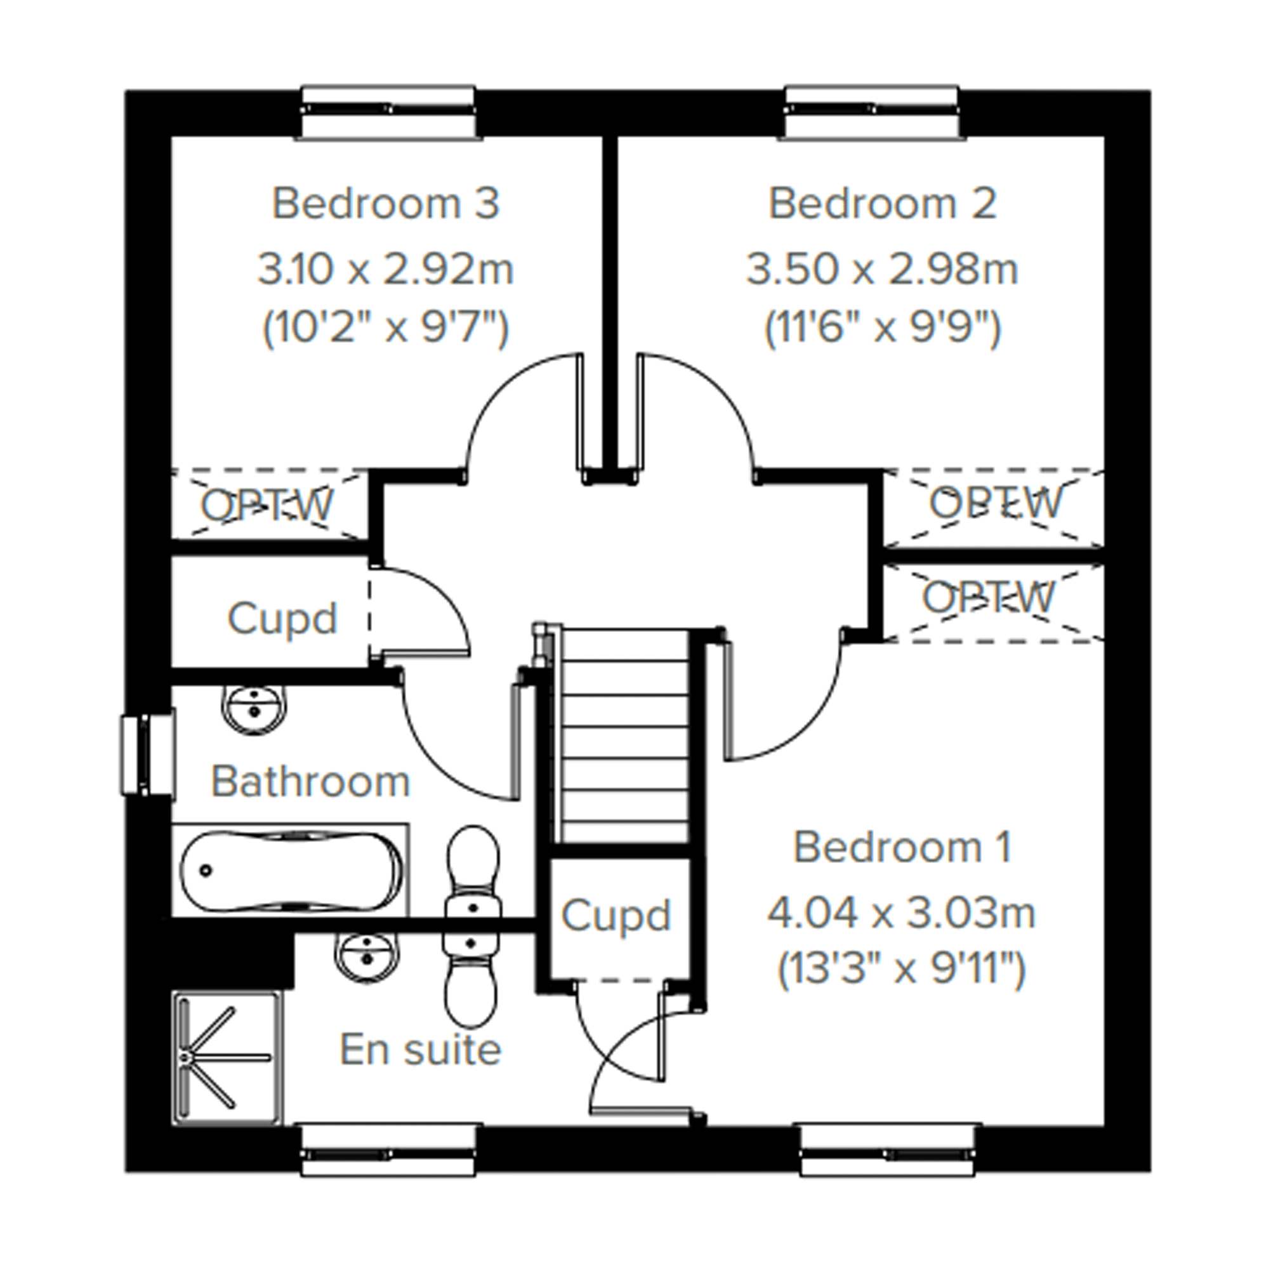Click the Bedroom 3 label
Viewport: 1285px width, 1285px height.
click(385, 203)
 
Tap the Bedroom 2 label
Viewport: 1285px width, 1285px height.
click(883, 203)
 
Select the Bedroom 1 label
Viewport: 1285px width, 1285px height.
click(902, 847)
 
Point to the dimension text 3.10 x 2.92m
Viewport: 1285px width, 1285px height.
click(386, 269)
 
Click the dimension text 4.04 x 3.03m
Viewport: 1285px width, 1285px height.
click(902, 913)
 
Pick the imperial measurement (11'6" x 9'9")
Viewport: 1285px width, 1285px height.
click(883, 328)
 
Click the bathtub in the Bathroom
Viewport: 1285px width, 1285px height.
click(291, 871)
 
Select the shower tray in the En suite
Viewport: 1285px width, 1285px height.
click(227, 1058)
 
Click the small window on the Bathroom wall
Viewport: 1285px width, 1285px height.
click(148, 755)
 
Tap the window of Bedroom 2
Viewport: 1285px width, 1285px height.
click(872, 112)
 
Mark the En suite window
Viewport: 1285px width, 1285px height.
click(388, 1149)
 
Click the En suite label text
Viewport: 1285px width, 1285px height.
click(420, 1050)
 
